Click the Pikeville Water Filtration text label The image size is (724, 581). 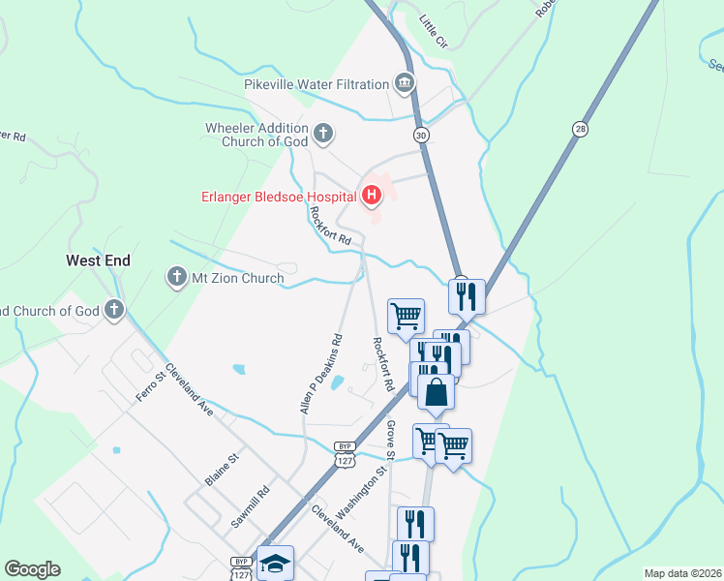pos(316,85)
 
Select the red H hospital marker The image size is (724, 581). pos(371,197)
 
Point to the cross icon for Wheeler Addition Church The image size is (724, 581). pos(323,132)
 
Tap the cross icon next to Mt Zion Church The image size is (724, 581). pos(176,278)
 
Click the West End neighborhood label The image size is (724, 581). pos(98,260)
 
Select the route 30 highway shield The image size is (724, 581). pos(421,136)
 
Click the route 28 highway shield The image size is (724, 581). pos(580,128)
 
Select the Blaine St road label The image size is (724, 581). pos(222,471)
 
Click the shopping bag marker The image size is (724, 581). pos(437,392)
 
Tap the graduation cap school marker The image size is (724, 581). pos(276,563)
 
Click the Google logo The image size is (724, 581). pos(32,569)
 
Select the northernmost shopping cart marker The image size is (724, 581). pos(406,315)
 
